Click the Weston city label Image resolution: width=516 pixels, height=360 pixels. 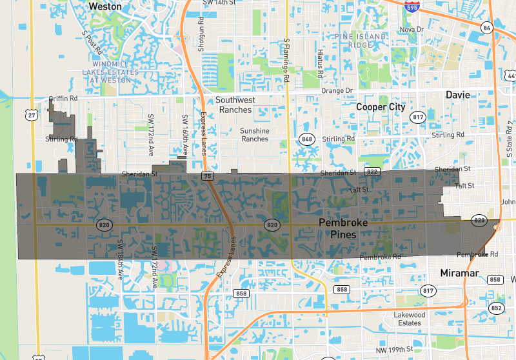[x=104, y=6]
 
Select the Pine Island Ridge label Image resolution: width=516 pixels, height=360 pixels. [x=361, y=41]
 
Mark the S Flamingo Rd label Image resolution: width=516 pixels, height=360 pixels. [x=286, y=60]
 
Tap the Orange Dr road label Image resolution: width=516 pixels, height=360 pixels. [x=337, y=91]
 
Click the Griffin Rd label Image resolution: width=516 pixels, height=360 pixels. [x=63, y=99]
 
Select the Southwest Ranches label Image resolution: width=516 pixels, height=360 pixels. [x=235, y=105]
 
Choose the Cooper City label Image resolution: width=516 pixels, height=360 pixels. [x=381, y=106]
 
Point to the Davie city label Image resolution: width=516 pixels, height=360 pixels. [x=458, y=95]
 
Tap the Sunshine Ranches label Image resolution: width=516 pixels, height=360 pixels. [x=254, y=134]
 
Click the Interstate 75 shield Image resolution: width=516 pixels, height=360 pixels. [x=207, y=175]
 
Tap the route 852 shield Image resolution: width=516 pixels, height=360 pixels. [x=496, y=308]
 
